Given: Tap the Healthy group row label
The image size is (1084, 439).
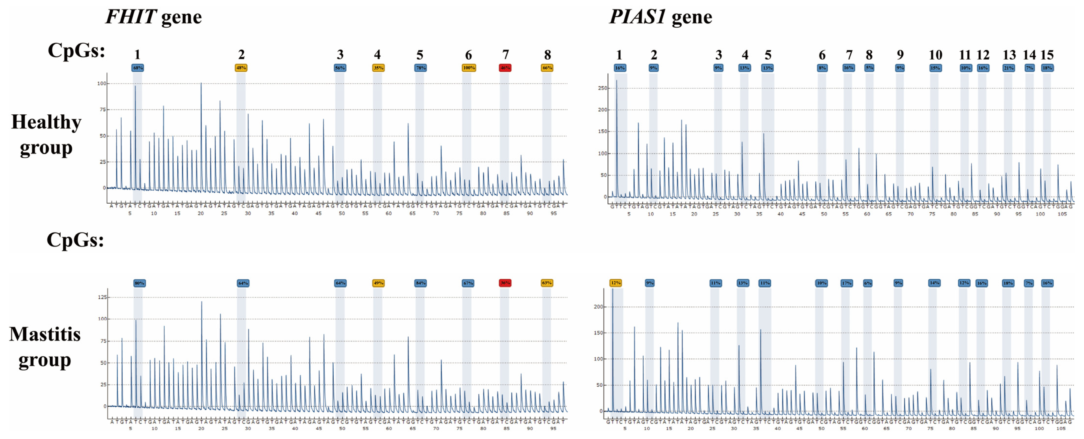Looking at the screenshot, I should (46, 135).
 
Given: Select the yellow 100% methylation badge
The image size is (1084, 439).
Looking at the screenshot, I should (468, 68).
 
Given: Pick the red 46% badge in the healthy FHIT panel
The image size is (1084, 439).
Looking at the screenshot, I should (505, 68).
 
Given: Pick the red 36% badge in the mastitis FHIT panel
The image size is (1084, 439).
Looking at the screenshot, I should (505, 283).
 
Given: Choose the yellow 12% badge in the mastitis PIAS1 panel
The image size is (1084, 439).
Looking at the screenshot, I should (616, 283).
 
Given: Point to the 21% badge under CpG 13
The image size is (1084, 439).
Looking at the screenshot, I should (1008, 68).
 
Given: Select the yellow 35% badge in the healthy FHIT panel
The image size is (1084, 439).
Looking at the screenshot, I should (378, 68).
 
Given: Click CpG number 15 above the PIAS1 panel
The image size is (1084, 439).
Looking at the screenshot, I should (1047, 55).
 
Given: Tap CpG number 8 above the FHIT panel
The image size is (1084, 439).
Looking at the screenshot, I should (547, 55).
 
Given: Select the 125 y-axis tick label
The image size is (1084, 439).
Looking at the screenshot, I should (102, 297).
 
